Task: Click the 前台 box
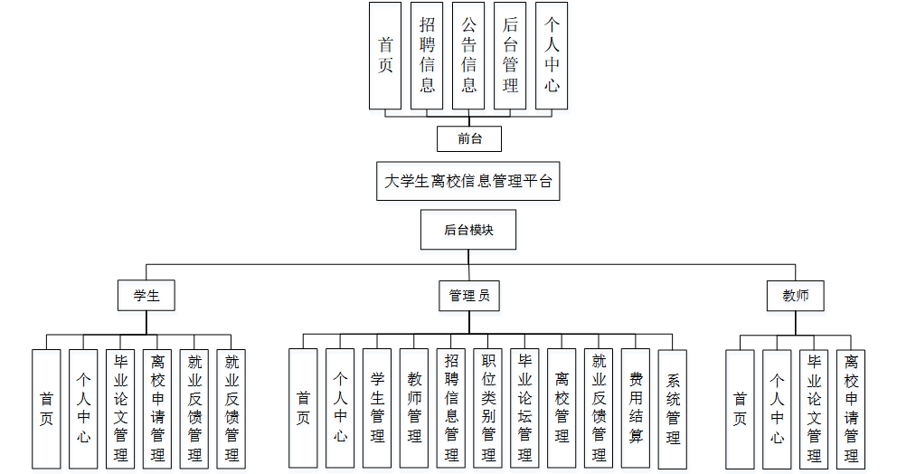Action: click(x=468, y=138)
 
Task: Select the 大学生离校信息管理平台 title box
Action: click(x=468, y=181)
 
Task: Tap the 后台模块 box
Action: click(x=468, y=230)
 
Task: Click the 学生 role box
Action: click(x=146, y=296)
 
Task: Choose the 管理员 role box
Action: click(x=468, y=296)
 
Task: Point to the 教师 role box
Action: click(x=796, y=296)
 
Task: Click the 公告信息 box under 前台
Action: click(x=468, y=55)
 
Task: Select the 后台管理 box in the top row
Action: click(x=510, y=55)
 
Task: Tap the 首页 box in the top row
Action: click(x=385, y=55)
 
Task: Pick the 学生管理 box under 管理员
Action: click(x=377, y=408)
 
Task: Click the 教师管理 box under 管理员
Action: click(x=414, y=408)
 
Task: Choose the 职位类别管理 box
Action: click(x=488, y=408)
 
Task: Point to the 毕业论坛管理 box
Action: click(x=524, y=408)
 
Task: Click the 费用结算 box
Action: click(x=636, y=408)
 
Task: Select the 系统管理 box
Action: click(x=673, y=408)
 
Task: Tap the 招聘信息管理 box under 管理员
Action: click(x=451, y=408)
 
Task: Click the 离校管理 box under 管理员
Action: click(x=562, y=408)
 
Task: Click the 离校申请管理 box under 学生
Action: click(x=157, y=408)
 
